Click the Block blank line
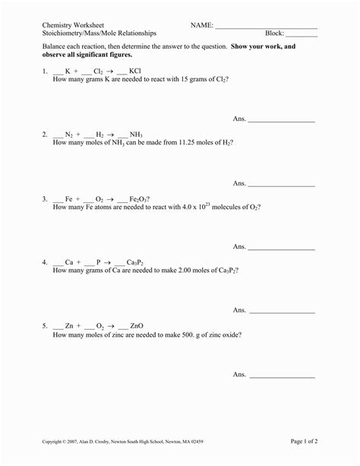[x=302, y=35]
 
